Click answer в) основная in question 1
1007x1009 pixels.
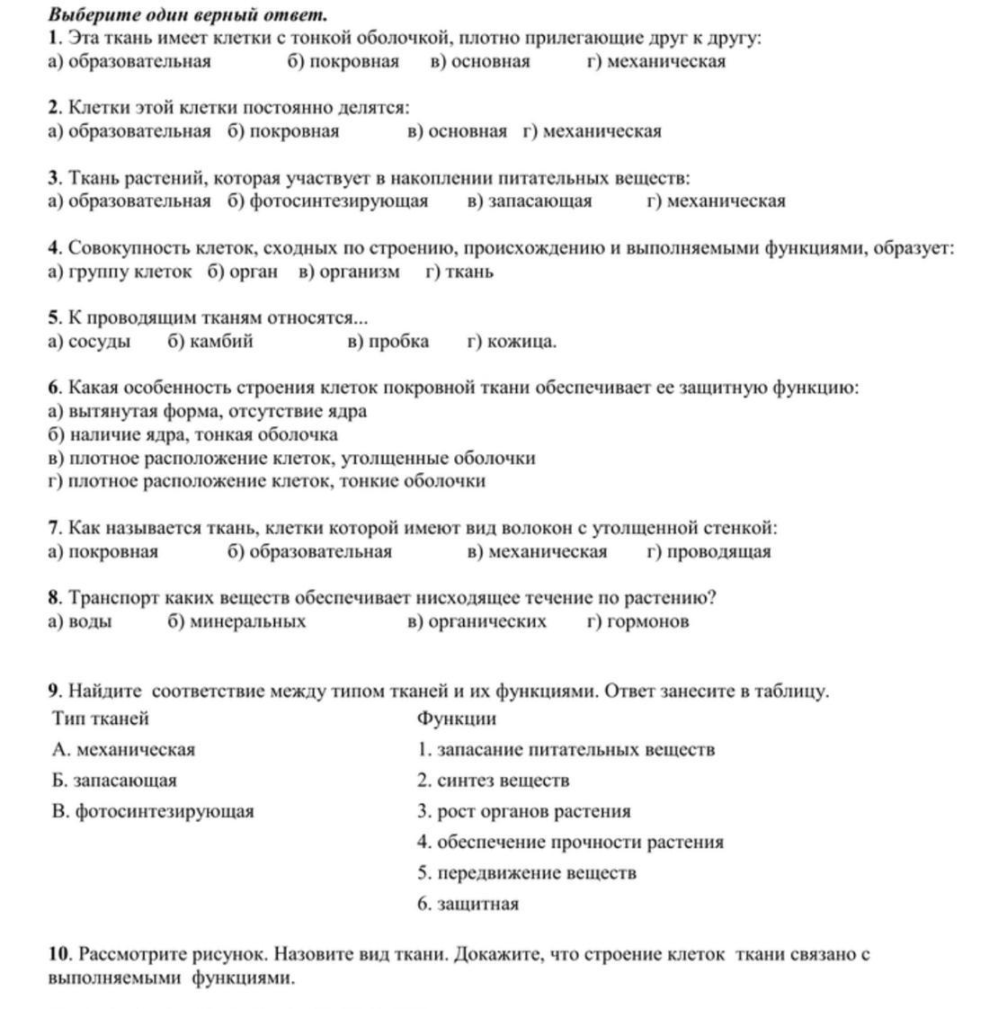[480, 62]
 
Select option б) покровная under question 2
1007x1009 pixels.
[283, 131]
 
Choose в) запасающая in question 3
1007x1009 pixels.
[530, 201]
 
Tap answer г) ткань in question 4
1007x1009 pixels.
[459, 272]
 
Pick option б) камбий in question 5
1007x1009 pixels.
[209, 341]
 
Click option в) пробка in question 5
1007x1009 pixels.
[388, 341]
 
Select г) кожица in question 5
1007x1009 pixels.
[512, 341]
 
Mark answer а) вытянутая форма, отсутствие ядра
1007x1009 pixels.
[208, 411]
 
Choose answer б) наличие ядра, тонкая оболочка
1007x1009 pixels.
[193, 434]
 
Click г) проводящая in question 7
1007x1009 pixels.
[708, 551]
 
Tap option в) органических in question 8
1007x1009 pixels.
[477, 621]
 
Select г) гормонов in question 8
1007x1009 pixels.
[638, 621]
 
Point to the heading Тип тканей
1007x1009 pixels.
[101, 719]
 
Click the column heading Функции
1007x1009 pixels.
[457, 719]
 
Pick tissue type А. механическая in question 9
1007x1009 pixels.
[123, 749]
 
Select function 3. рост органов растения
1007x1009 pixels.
[524, 811]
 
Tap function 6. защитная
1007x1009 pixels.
[468, 904]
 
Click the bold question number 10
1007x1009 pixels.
[59, 954]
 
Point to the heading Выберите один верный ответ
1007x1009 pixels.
[188, 15]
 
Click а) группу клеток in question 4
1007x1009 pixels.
[120, 272]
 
